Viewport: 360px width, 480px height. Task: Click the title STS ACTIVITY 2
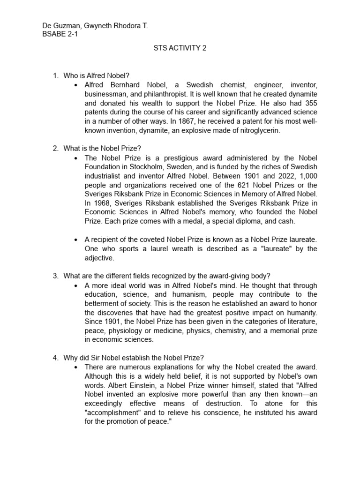pos(180,48)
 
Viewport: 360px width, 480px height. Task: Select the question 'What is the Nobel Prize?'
pos(102,149)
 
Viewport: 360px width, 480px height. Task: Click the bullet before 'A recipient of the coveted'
pos(76,240)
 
